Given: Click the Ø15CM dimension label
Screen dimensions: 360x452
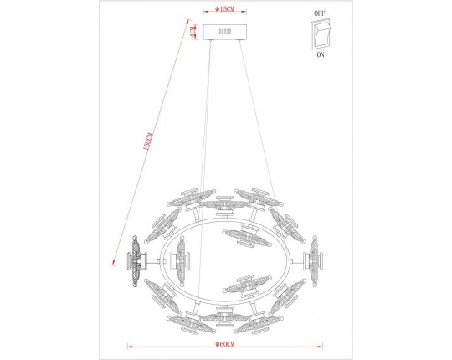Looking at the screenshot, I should click(x=223, y=8).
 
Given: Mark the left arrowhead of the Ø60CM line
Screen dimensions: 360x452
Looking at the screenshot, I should click(x=127, y=344).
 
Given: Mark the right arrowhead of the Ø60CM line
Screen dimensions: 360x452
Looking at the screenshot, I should click(x=321, y=344).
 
